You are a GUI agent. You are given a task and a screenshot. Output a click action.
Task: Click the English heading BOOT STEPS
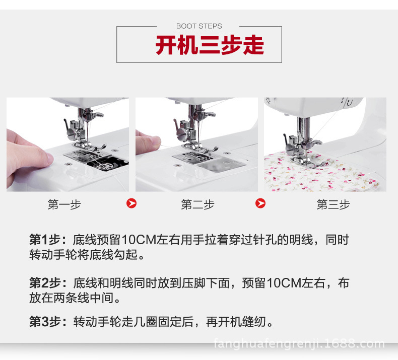199,26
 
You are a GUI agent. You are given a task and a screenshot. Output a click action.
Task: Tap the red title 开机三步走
210,45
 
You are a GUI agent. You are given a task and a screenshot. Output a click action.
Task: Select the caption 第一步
64,204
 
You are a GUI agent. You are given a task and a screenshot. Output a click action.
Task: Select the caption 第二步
197,204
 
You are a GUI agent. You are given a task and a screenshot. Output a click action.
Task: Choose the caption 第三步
333,204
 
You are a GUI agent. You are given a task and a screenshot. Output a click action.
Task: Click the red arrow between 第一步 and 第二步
131,203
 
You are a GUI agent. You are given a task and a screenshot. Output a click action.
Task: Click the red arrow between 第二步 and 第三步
260,203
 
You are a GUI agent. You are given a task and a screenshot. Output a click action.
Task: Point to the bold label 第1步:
48,240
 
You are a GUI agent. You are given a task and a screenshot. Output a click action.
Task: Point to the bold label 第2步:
48,283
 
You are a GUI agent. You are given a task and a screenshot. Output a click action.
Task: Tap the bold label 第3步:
48,322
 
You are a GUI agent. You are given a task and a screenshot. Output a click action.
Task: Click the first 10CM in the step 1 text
139,240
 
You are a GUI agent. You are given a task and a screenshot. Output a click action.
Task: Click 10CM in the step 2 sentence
284,283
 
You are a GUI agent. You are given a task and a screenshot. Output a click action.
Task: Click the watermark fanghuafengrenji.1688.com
299,344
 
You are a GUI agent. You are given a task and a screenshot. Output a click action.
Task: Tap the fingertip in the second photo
153,142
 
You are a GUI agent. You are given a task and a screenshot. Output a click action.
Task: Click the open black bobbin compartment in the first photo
106,164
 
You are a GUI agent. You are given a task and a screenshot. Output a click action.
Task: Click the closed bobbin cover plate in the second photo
221,165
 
